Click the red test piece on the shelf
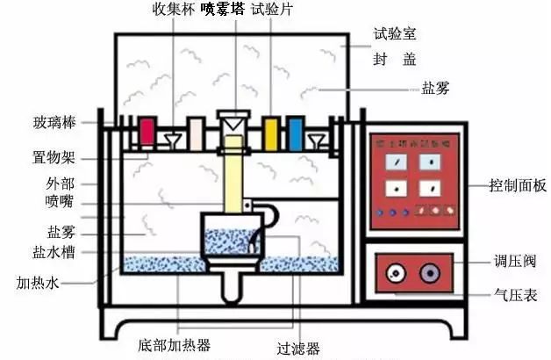(x=147, y=133)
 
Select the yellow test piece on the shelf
(x=271, y=133)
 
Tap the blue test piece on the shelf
(x=295, y=133)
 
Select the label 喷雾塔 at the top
(x=223, y=10)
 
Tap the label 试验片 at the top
(x=269, y=10)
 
